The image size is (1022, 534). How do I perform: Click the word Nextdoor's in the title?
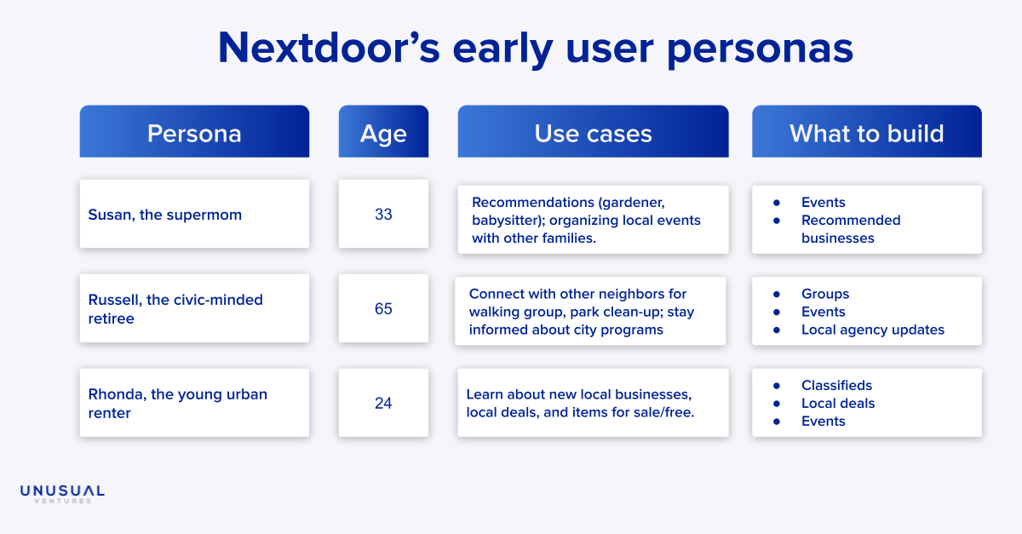(329, 48)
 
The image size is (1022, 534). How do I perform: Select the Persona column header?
(194, 131)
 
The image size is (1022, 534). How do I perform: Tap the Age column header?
(383, 131)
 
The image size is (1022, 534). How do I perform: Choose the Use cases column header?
(593, 131)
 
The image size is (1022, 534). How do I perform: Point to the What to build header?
(867, 131)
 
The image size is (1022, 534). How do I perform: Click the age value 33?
(383, 214)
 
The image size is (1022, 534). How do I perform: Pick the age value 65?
(383, 308)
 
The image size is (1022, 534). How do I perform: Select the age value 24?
(383, 403)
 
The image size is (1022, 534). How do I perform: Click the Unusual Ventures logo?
(62, 494)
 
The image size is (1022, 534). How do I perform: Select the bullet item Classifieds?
(836, 385)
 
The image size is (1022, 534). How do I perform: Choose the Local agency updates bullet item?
(873, 330)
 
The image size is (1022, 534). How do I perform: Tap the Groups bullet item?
(825, 294)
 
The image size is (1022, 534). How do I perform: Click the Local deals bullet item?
(838, 403)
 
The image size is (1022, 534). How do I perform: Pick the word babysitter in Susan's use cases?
(506, 221)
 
